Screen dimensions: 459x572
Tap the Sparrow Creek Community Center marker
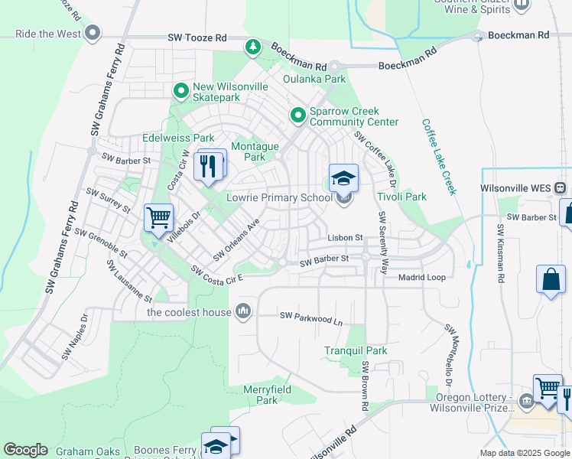point(298,116)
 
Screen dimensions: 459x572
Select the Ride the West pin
point(93,34)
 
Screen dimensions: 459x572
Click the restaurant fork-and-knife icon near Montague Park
point(209,165)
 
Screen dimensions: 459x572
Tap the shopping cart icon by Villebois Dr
point(158,219)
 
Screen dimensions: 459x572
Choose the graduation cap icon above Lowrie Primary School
point(343,179)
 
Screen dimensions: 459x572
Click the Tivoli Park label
point(401,197)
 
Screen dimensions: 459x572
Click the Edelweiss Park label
point(178,138)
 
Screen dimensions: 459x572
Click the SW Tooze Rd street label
point(197,37)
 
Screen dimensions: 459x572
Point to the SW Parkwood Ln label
point(310,317)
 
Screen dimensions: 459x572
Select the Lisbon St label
point(344,238)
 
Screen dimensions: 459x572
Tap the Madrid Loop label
point(421,277)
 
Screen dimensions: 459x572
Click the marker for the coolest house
point(244,311)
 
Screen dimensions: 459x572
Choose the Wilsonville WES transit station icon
point(561,187)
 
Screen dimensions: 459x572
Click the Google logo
point(25,450)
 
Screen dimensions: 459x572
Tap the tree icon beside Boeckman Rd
point(252,48)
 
